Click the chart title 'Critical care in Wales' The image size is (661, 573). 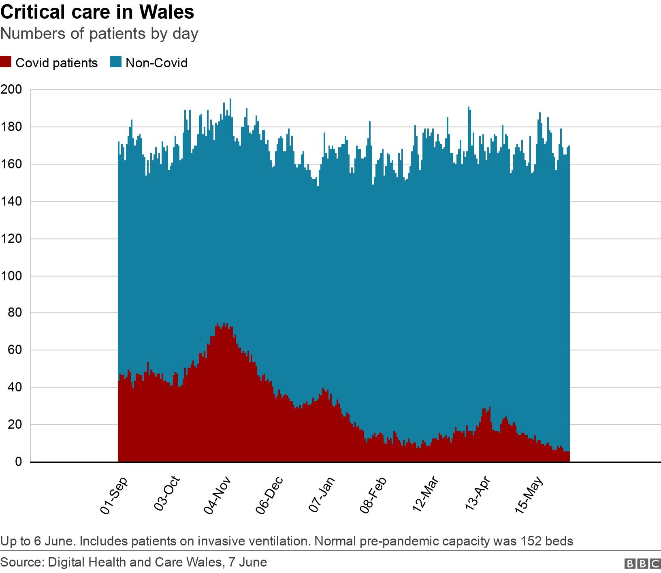tap(97, 12)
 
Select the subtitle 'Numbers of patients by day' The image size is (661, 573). tap(99, 34)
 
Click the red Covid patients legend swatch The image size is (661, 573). tap(6, 63)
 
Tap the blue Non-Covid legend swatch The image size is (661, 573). tap(116, 63)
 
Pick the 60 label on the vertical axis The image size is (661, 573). tap(14, 350)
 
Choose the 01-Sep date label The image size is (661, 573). tap(114, 496)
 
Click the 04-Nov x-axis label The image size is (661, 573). tap(217, 496)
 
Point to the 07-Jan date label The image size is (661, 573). tap(322, 496)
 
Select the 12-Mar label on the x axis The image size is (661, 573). tap(425, 496)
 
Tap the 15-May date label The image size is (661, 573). tap(529, 496)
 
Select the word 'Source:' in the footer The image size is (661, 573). tap(23, 562)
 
